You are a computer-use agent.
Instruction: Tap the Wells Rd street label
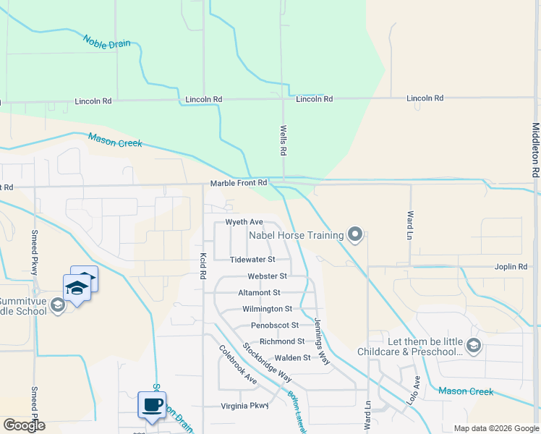point(284,142)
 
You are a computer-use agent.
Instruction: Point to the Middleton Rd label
point(536,150)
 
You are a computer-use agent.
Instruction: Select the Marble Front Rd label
point(239,184)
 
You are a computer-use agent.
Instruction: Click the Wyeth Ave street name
point(244,222)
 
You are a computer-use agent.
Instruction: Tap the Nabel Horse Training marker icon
point(354,234)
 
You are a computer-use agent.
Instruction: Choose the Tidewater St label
point(252,259)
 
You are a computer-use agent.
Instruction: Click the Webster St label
point(267,276)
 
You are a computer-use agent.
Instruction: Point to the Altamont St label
point(259,293)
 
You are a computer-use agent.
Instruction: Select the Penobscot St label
point(275,325)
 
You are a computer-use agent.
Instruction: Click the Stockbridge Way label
point(267,362)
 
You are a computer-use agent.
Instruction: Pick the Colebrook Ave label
point(238,364)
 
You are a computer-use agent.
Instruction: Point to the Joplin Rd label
point(511,267)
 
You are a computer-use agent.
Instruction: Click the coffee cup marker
point(152,404)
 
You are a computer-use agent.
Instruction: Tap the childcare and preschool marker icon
point(474,346)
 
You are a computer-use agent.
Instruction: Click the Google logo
point(25,425)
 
